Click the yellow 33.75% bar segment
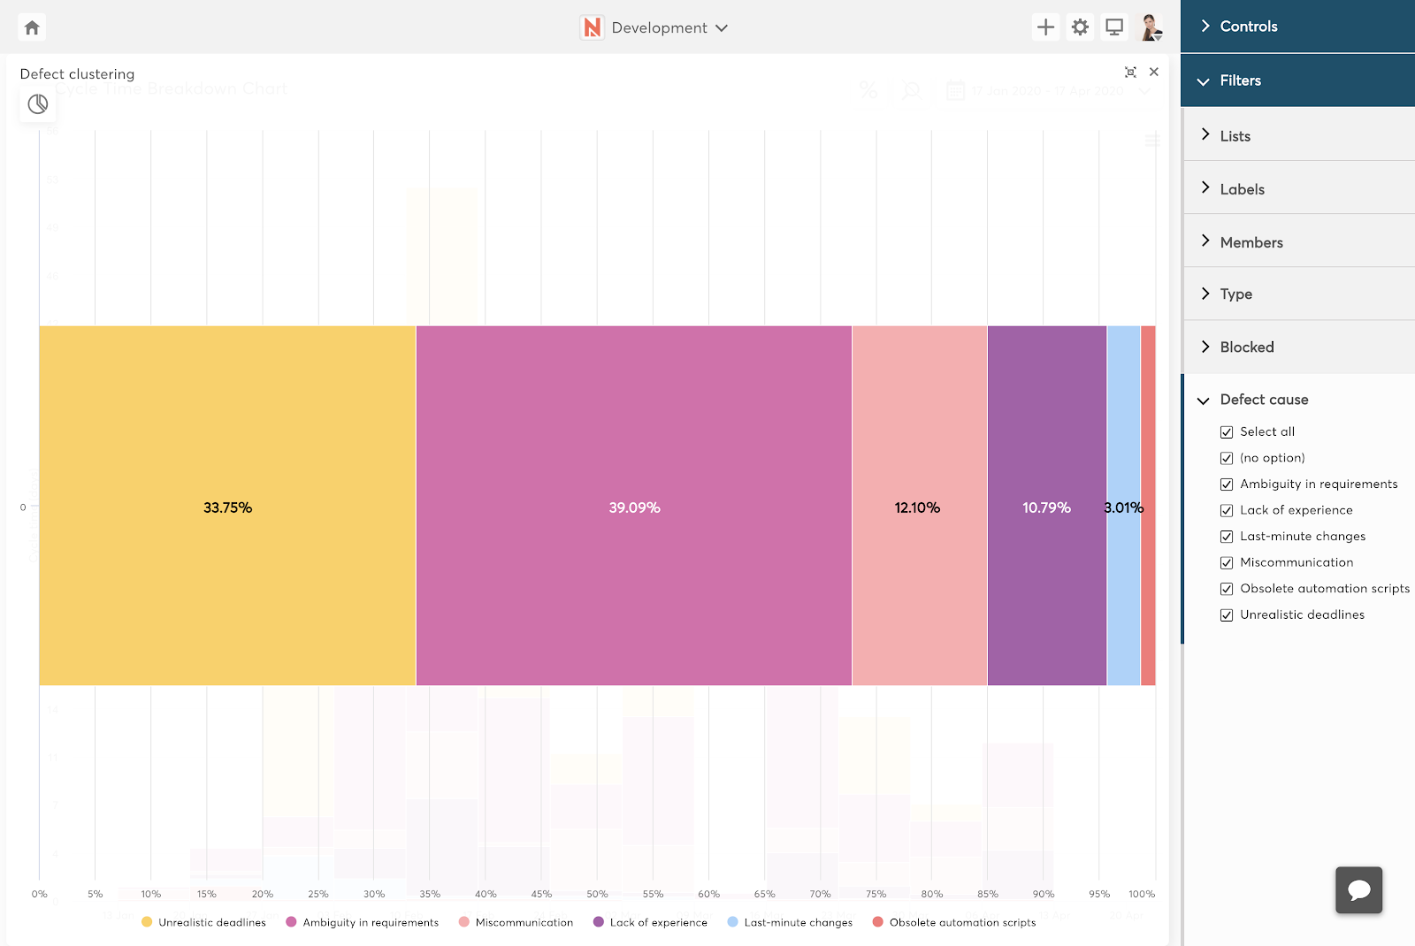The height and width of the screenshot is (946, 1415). [227, 506]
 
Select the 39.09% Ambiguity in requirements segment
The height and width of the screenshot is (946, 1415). [633, 506]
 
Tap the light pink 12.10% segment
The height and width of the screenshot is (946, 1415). [919, 506]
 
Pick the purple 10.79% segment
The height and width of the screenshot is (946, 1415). [1046, 506]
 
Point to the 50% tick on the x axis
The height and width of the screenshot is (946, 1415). [597, 894]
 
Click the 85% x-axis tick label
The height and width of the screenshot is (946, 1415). [987, 894]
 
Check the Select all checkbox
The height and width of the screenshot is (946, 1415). [1227, 432]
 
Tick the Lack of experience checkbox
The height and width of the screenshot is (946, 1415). [1227, 511]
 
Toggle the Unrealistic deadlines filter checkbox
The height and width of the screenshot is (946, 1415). [1227, 615]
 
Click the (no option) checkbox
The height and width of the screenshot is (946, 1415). [1227, 458]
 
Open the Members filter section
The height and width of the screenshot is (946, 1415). [1251, 242]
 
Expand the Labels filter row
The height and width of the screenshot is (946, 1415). [1242, 189]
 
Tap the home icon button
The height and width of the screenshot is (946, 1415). [32, 27]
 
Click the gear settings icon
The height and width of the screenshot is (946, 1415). [1080, 27]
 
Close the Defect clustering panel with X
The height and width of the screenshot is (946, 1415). [1153, 72]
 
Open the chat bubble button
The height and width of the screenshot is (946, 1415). [1358, 889]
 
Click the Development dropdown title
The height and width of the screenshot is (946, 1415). [659, 27]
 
